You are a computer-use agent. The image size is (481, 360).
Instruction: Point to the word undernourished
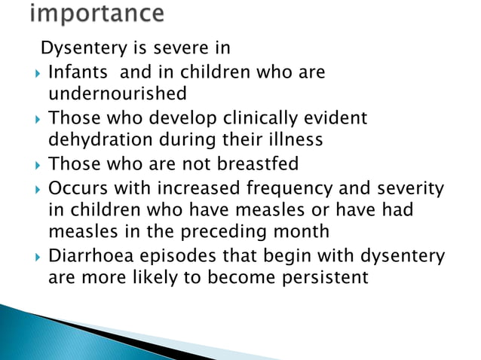pos(117,95)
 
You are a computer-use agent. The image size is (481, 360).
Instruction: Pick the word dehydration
pos(100,139)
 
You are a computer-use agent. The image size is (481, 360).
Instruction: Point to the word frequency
pos(280,186)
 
